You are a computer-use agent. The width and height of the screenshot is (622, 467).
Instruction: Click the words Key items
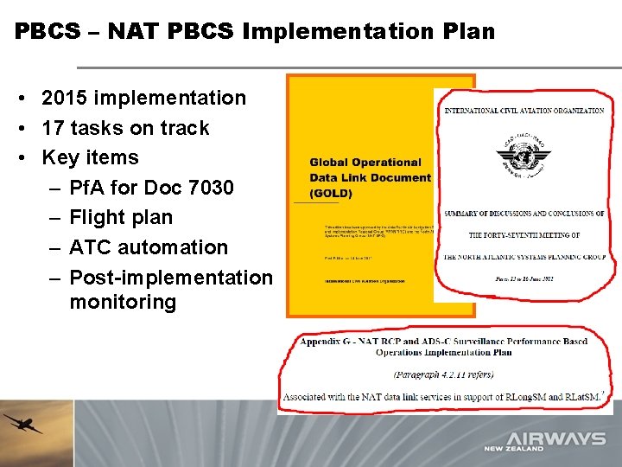[90, 157]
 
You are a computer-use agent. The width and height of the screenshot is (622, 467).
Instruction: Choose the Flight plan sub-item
[121, 217]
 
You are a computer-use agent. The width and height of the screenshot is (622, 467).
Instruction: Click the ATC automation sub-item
[148, 246]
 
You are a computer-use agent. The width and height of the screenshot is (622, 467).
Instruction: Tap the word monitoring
[122, 302]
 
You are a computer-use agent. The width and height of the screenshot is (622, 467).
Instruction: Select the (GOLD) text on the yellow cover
[331, 194]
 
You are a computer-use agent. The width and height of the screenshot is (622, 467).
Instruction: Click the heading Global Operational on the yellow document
[365, 162]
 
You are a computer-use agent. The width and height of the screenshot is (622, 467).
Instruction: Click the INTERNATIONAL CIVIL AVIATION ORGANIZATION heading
[524, 111]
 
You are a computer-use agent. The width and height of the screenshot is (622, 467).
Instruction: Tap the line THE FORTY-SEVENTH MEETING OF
[524, 234]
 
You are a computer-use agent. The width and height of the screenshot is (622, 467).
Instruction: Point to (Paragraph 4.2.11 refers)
[443, 374]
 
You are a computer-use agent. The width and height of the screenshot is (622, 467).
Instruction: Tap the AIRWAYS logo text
[555, 438]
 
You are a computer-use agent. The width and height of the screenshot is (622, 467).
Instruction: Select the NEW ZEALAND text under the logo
[515, 449]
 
